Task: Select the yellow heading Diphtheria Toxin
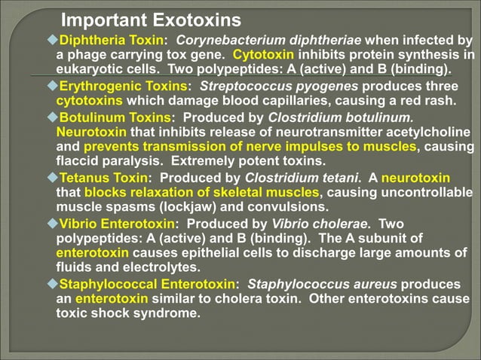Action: (x=111, y=40)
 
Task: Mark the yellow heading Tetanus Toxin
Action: (x=103, y=178)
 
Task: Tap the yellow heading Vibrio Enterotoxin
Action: (x=117, y=224)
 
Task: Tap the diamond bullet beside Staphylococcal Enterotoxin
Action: (x=52, y=284)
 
